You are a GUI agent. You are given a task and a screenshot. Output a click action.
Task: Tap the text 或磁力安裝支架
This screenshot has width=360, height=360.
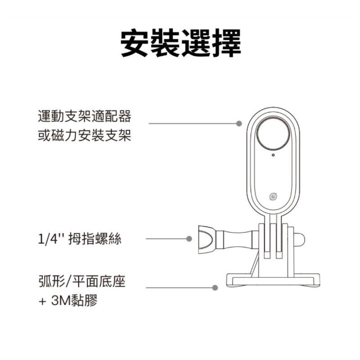[x=85, y=135]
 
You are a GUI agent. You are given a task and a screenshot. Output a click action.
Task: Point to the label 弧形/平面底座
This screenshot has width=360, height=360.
[x=81, y=282]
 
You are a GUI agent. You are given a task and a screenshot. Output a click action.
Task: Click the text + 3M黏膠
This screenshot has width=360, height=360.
[x=68, y=300]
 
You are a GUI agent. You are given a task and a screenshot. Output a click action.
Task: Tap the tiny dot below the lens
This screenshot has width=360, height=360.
[x=273, y=156]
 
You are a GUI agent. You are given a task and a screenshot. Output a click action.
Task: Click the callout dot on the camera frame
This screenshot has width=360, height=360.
[x=239, y=122]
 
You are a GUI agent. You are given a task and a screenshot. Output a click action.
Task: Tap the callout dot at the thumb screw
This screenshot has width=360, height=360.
[x=189, y=239]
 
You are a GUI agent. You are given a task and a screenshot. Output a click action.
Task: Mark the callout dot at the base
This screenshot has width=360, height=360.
[x=216, y=287]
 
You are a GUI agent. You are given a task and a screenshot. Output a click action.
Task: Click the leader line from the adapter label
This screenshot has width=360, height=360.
[x=193, y=122]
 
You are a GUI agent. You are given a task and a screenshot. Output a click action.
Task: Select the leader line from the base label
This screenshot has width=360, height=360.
[x=180, y=287]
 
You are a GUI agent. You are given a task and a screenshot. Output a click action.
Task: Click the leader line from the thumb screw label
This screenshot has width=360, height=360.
[x=166, y=239]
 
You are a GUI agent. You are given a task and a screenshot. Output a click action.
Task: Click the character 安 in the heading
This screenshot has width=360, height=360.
[x=136, y=43]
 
